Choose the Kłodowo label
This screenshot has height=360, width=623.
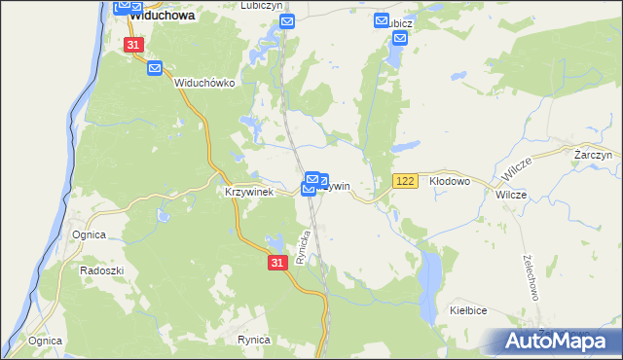coord(450,181)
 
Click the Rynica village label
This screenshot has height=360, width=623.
coord(253,340)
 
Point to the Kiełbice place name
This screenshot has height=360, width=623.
coord(467,309)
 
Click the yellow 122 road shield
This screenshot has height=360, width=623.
coord(406,182)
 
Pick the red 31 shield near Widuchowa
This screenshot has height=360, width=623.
coord(134,46)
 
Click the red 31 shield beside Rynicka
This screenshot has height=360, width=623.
coord(277,263)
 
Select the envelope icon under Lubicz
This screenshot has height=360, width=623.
coord(400,39)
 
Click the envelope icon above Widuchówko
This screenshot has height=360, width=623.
coord(156,68)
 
